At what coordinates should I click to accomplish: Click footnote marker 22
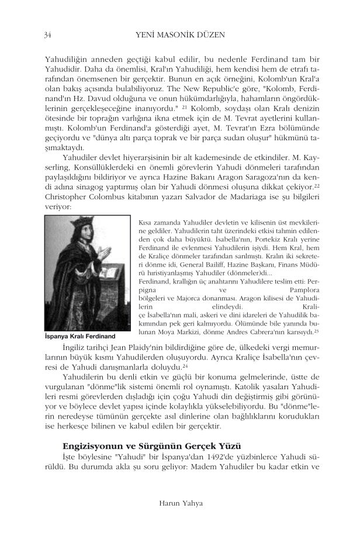(316, 185)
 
